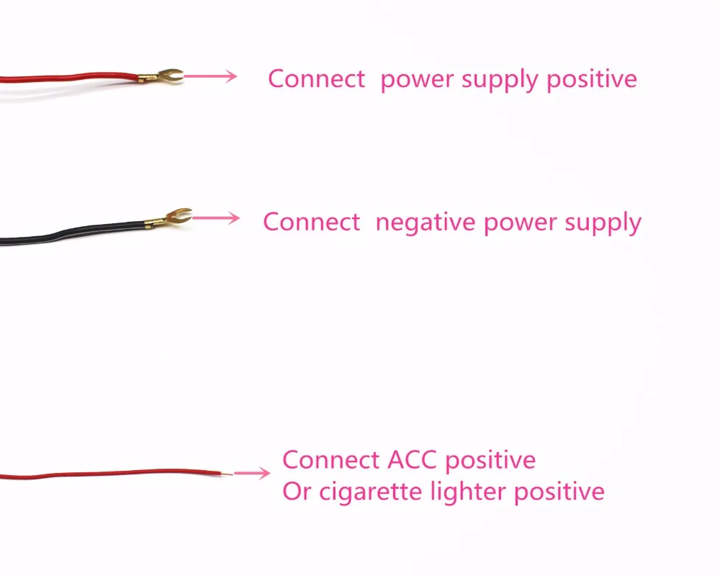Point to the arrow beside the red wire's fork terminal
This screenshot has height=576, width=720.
pos(210,76)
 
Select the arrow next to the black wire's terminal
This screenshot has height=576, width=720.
pos(216,217)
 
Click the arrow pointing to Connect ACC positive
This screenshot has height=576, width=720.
pos(252,473)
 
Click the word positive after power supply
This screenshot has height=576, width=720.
pos(591,79)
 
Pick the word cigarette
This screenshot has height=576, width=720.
pos(370,492)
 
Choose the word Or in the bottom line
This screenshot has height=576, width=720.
pos(296,492)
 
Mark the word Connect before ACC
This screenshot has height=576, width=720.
pos(330,460)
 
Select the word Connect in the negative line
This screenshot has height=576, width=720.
pos(311,222)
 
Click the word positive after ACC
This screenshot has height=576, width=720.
pos(490,461)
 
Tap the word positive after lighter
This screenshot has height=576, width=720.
pos(559,492)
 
